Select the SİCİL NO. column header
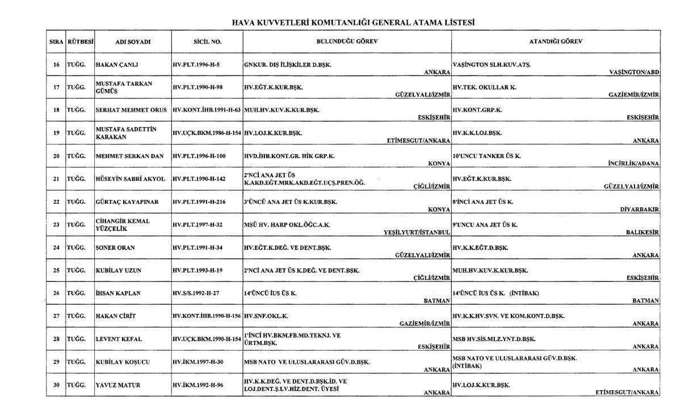207,42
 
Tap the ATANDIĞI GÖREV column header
556,41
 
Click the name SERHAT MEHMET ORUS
130,109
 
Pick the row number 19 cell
56,133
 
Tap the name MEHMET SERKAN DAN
129,156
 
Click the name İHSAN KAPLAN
118,293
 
